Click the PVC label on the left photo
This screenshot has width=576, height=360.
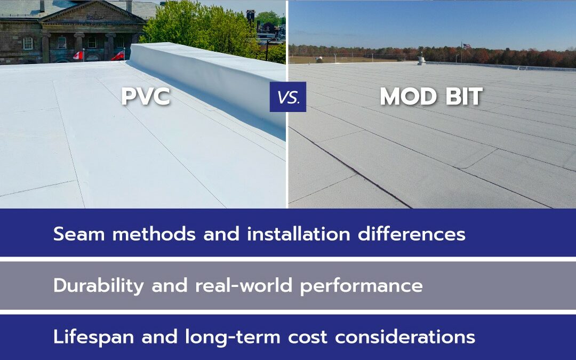click(x=146, y=96)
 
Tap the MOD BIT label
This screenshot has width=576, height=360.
click(x=431, y=96)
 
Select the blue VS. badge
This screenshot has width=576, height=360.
click(x=287, y=97)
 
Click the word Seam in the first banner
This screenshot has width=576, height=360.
click(x=79, y=234)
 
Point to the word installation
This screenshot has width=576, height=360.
click(x=298, y=234)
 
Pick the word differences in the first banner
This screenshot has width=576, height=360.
click(x=411, y=234)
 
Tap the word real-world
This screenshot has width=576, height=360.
click(x=244, y=285)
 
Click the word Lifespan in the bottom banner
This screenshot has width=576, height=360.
click(x=94, y=337)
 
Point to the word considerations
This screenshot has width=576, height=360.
click(x=405, y=337)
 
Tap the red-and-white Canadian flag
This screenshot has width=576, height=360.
click(x=78, y=55)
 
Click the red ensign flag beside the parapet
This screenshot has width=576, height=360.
click(x=118, y=55)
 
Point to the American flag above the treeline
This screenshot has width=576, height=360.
click(x=467, y=46)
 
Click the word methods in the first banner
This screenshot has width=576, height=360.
click(x=154, y=234)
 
